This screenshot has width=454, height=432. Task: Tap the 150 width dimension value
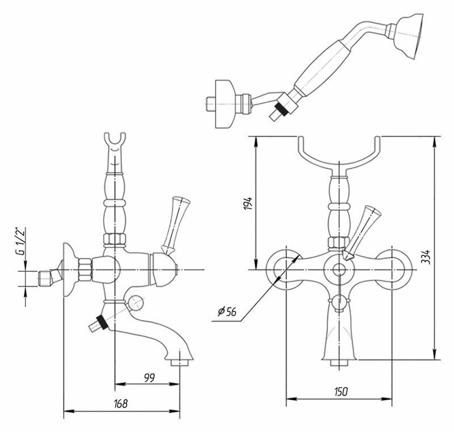340,392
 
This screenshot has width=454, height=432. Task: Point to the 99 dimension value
149,377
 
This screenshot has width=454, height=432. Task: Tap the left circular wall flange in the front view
284,268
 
